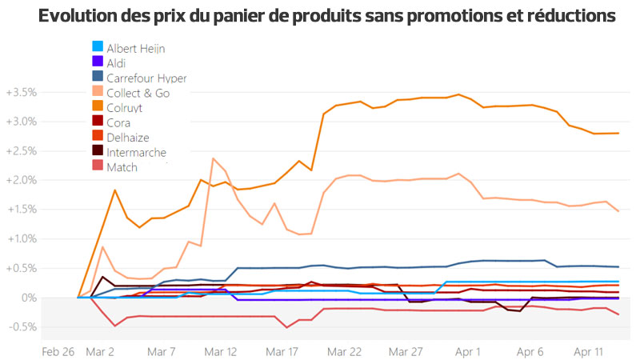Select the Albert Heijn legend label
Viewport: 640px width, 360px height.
click(135, 49)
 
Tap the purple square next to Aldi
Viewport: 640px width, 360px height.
click(97, 63)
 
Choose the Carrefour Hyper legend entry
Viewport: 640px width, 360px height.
click(146, 78)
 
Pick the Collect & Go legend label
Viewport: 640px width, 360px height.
click(138, 93)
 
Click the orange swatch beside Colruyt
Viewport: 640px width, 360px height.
click(97, 108)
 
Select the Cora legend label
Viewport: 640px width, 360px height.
click(118, 122)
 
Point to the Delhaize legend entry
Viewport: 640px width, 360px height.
click(127, 138)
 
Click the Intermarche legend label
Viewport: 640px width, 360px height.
click(136, 152)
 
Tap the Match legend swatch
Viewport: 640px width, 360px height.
click(97, 167)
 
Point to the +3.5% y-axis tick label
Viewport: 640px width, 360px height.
click(22, 93)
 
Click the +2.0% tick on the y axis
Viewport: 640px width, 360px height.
click(22, 180)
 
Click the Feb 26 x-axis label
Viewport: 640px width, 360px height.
click(58, 350)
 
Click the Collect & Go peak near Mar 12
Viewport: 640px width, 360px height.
click(213, 158)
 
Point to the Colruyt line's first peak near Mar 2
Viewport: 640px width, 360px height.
click(115, 190)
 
